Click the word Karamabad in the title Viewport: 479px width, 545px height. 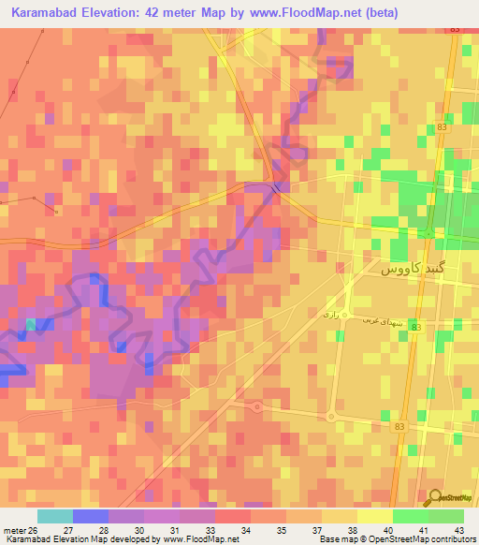click(x=48, y=13)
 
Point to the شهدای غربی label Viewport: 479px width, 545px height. click(x=383, y=318)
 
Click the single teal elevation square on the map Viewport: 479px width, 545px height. click(x=30, y=324)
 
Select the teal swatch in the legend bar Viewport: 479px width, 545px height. click(x=54, y=516)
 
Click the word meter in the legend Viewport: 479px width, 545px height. click(x=13, y=530)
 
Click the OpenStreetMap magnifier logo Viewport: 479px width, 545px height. click(x=432, y=498)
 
